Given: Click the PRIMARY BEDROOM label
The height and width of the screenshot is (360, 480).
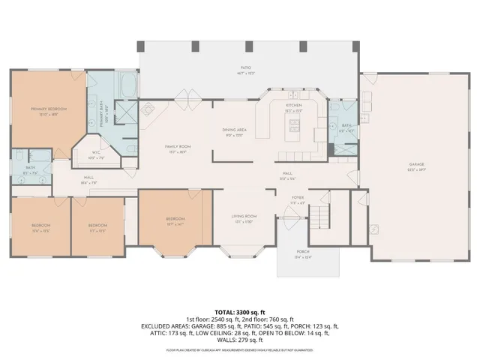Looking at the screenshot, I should coord(49,109).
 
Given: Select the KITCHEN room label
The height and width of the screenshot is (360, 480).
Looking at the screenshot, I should coord(293,106).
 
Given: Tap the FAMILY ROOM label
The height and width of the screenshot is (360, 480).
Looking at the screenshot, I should coord(178,146).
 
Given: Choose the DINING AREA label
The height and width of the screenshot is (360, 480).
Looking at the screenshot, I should coord(234,131).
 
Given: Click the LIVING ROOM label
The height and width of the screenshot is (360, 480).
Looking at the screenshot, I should coord(244,217).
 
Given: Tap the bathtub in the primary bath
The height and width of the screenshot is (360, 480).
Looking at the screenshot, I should coord(127,85).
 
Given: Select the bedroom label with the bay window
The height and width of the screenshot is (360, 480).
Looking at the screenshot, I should coord(175,219).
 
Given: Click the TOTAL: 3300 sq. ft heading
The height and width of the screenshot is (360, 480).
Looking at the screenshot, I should coord(240,311).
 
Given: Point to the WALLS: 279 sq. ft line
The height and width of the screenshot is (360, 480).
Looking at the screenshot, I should coord(240,340).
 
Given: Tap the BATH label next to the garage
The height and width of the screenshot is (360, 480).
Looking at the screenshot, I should coord(346,126).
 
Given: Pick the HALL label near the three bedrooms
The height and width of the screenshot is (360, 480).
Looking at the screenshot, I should coord(88,177).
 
